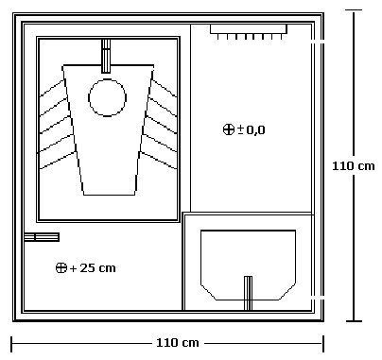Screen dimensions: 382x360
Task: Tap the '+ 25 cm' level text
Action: [93, 268]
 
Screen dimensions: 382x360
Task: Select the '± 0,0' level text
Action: [252, 129]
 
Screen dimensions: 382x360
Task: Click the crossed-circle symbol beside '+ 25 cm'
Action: [61, 268]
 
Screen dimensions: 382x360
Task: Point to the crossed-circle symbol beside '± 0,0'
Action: [229, 129]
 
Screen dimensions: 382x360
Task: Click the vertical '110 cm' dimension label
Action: [354, 166]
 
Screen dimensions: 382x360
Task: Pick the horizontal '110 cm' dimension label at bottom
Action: [178, 343]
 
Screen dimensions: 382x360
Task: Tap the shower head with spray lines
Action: [249, 32]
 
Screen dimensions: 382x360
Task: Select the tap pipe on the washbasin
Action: [249, 293]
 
